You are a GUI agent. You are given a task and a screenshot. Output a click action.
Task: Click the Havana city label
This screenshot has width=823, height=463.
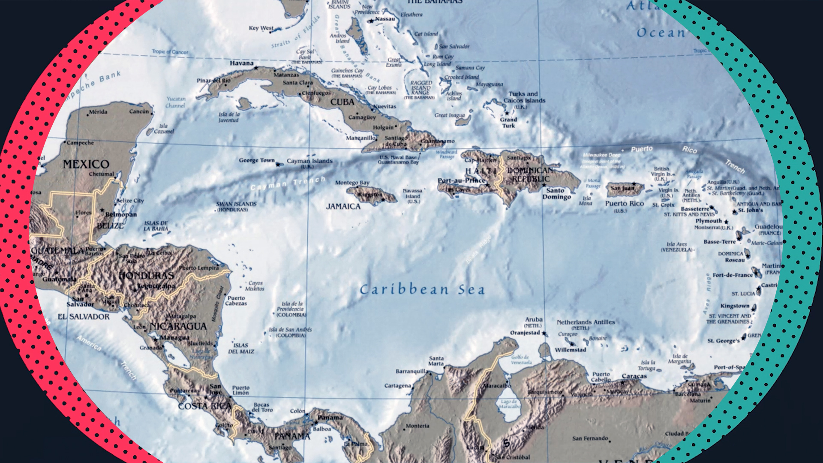pyautogui.click(x=242, y=63)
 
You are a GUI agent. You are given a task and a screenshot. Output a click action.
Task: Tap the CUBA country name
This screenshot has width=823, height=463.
pyautogui.click(x=342, y=102)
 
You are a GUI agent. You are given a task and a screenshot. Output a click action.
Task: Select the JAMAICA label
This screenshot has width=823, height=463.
pyautogui.click(x=343, y=207)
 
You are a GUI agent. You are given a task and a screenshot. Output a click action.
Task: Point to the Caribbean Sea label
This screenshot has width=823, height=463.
pyautogui.click(x=422, y=290)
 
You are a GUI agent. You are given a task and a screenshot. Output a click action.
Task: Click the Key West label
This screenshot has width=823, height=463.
pyautogui.click(x=261, y=28)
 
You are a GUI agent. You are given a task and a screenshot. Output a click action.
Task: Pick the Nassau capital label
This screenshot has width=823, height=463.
pyautogui.click(x=385, y=19)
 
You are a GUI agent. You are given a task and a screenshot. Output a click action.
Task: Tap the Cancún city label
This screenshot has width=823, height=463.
pyautogui.click(x=139, y=111)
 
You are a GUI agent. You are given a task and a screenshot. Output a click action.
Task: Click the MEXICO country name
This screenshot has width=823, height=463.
pyautogui.click(x=86, y=164)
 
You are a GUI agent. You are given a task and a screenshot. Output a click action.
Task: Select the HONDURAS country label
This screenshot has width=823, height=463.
pyautogui.click(x=147, y=275)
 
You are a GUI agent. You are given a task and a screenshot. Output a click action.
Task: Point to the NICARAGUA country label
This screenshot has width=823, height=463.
pyautogui.click(x=178, y=326)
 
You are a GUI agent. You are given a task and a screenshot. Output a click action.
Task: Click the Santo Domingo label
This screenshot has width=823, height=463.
pyautogui.click(x=556, y=194)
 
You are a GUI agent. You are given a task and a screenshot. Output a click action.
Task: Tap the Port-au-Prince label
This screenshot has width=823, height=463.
pyautogui.click(x=461, y=180)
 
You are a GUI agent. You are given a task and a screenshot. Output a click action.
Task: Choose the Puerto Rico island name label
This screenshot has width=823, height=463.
pyautogui.click(x=624, y=204)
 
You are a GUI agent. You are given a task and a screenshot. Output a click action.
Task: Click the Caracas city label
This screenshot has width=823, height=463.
pyautogui.click(x=634, y=376)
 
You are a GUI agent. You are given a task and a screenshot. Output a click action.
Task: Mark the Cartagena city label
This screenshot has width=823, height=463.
pyautogui.click(x=397, y=386)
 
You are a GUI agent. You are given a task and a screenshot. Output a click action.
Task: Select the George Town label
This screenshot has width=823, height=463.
pyautogui.click(x=257, y=160)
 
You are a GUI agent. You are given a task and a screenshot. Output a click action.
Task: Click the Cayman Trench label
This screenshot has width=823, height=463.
pyautogui.click(x=288, y=183)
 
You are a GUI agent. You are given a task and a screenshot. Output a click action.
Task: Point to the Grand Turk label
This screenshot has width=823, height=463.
pyautogui.click(x=508, y=123)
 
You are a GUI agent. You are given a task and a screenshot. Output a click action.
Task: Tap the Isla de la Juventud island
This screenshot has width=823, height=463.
pyautogui.click(x=244, y=103)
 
